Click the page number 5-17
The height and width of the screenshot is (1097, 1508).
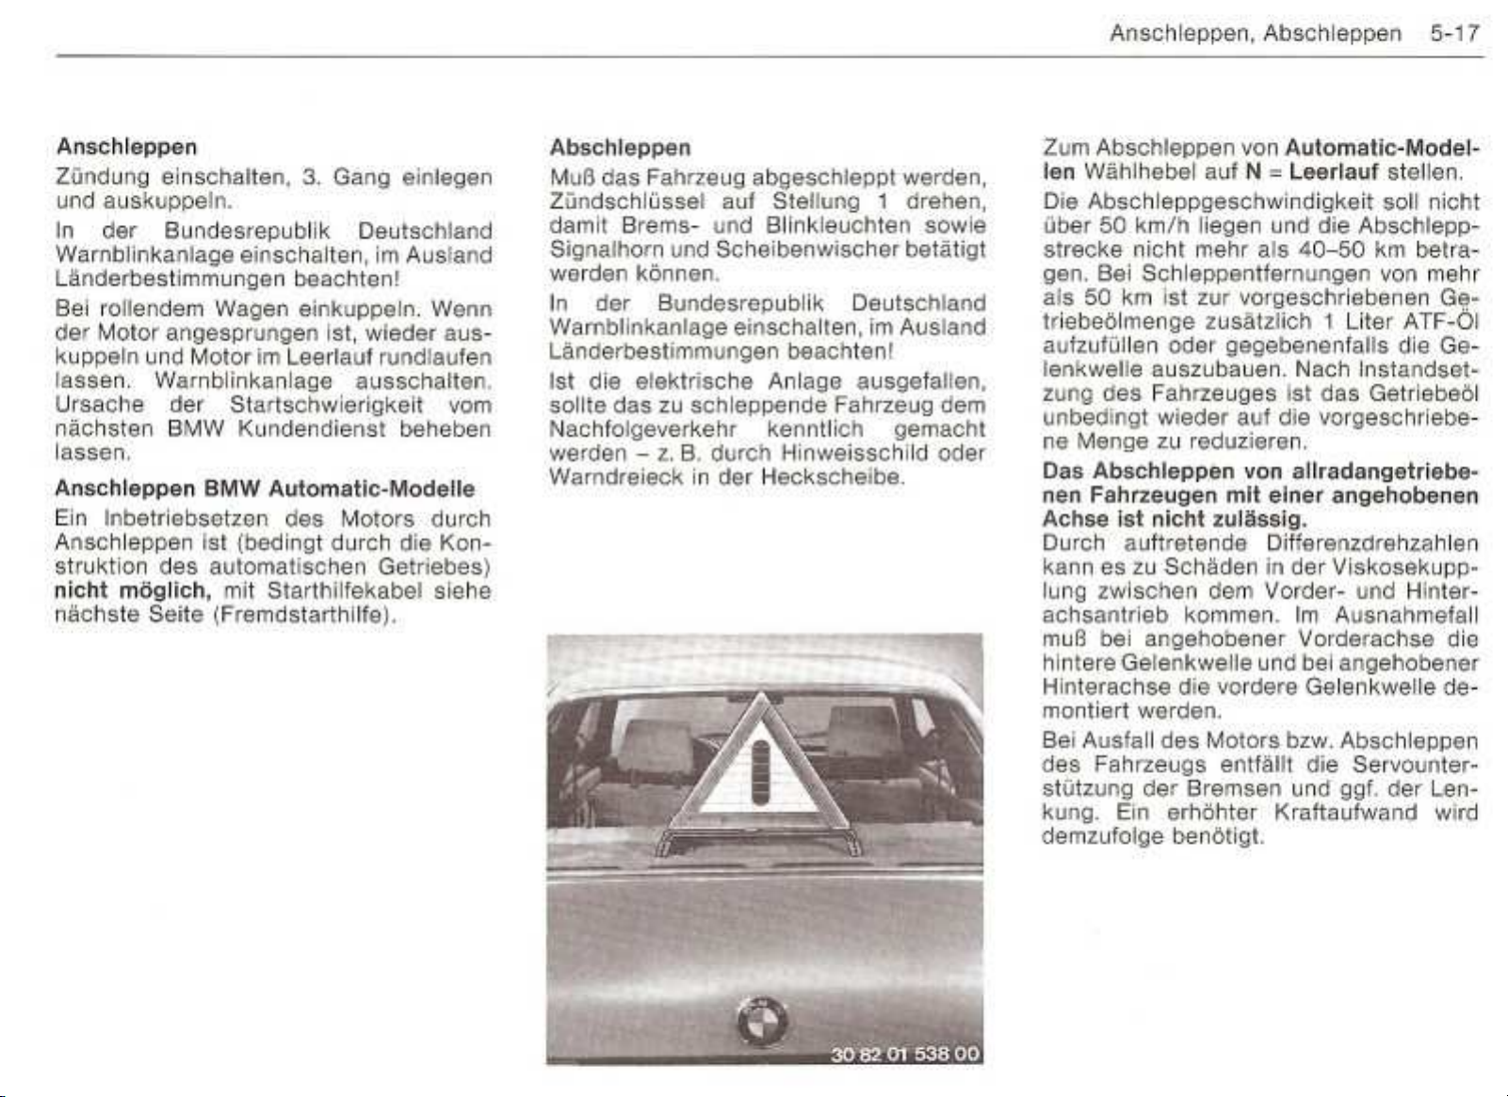pyautogui.click(x=1454, y=34)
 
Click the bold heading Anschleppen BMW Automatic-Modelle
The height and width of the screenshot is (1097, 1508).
pyautogui.click(x=265, y=489)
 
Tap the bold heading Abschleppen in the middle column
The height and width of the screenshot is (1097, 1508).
pyautogui.click(x=620, y=148)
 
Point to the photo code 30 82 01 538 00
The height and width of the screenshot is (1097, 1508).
pyautogui.click(x=904, y=1053)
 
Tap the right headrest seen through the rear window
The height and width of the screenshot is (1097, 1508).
pyautogui.click(x=862, y=729)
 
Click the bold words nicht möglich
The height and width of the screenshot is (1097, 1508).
pyautogui.click(x=132, y=591)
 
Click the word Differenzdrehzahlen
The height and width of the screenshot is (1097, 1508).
pyautogui.click(x=1372, y=543)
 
